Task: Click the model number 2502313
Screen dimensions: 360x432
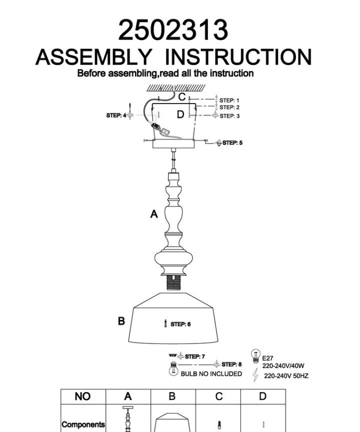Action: pos(173,30)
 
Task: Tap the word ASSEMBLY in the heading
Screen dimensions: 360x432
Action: pos(94,57)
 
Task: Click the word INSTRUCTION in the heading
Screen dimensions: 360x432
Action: pos(238,57)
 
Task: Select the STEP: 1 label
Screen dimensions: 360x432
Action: pos(229,100)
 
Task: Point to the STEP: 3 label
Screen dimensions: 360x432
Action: pos(229,116)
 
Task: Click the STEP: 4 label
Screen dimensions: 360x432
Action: pos(116,115)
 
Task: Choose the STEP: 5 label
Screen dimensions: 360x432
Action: pos(232,142)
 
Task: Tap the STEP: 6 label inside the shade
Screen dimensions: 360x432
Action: pos(180,324)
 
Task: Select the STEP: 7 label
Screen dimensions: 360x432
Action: pos(195,356)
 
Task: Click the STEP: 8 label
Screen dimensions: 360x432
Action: pos(231,364)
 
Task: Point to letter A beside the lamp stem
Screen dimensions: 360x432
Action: pos(154,214)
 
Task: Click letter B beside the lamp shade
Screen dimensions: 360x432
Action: pos(121,321)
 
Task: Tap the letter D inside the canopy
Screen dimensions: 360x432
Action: pos(180,114)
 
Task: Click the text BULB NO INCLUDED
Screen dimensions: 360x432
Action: pos(211,374)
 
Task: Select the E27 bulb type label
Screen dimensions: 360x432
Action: pos(267,358)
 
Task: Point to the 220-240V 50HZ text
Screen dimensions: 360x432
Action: pos(286,376)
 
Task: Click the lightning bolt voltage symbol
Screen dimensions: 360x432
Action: pos(256,375)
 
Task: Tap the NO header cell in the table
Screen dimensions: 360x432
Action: pos(82,396)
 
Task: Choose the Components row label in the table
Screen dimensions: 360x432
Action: pos(83,424)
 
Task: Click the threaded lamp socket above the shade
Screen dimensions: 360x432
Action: pos(173,282)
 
